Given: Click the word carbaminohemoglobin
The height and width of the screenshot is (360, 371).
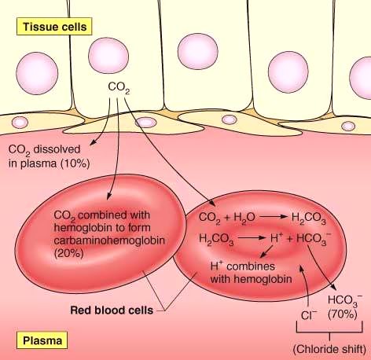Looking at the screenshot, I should (109, 241).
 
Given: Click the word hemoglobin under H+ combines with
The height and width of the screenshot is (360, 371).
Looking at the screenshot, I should (259, 277).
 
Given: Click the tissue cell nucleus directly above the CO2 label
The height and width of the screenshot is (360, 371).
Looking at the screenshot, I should (108, 55).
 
